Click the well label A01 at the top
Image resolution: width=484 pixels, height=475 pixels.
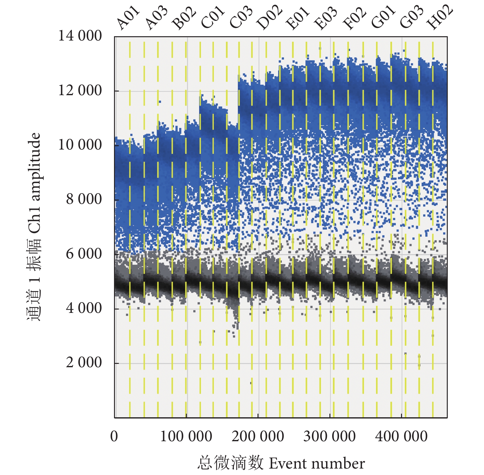coord(128,18)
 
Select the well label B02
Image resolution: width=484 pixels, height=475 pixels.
coord(184,18)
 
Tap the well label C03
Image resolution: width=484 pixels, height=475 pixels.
coord(241,18)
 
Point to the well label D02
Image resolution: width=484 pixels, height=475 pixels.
coord(270,18)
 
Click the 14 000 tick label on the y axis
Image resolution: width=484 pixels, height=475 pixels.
coord(80,36)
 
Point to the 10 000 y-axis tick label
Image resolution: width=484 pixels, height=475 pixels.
coord(80,145)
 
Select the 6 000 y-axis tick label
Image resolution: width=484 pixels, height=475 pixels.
coord(84,254)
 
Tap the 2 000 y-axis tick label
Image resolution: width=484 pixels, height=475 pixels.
coord(84,362)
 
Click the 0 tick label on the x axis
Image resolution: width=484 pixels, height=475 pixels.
coord(114,436)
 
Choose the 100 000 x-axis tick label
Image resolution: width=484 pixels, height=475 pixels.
coord(186,436)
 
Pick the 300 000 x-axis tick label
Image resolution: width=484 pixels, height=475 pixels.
coord(329,436)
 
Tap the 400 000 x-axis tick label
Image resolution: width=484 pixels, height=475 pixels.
coord(401,436)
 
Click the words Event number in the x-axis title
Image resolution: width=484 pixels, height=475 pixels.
coord(317,463)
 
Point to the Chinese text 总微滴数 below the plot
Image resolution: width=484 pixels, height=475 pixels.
coord(230,463)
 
